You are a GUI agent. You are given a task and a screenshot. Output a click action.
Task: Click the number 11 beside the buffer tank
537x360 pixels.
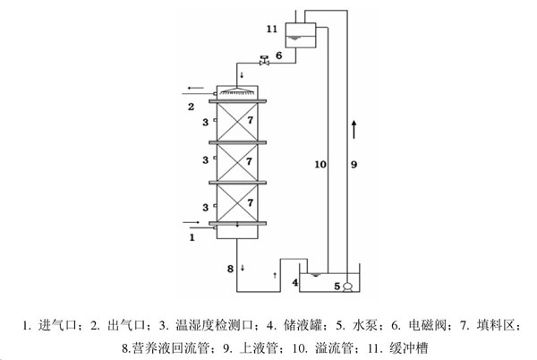(272, 30)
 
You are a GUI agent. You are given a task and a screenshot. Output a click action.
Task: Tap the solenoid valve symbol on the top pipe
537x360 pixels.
(264, 61)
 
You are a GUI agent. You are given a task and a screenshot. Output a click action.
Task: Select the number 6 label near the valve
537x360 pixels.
(278, 56)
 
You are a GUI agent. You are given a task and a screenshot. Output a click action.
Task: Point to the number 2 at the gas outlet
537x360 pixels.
(191, 107)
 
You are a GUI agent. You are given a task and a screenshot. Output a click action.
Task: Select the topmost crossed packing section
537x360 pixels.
(236, 119)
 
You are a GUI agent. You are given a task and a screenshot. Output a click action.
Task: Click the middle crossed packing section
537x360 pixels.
(236, 161)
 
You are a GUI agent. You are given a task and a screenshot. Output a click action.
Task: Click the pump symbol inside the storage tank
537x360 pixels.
(348, 286)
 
